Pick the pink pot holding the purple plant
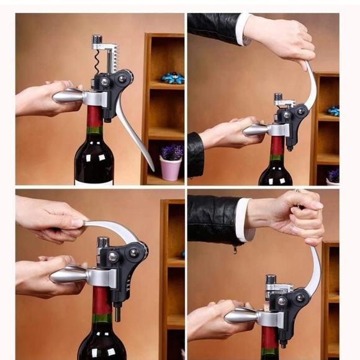click(x=170, y=168)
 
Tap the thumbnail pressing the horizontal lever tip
click(x=78, y=222)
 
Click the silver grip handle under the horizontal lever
click(x=68, y=274)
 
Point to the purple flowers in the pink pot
click(x=170, y=152)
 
